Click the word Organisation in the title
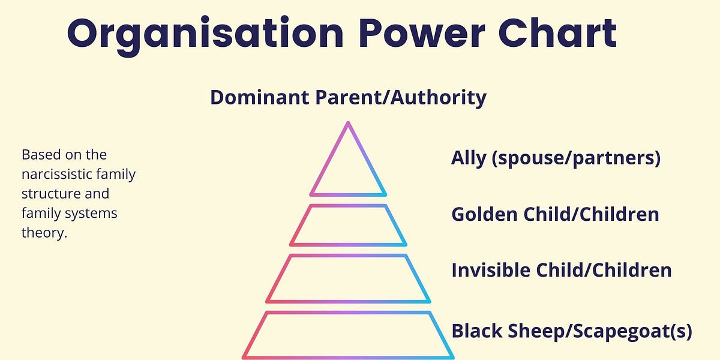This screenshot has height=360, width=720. [204, 34]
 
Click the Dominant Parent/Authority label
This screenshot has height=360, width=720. [348, 97]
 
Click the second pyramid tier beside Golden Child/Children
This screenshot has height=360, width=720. [348, 225]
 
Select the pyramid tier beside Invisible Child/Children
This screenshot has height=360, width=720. [348, 278]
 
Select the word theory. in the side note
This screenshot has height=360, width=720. [44, 232]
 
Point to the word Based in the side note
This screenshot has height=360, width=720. [40, 155]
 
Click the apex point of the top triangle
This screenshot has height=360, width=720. [348, 124]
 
